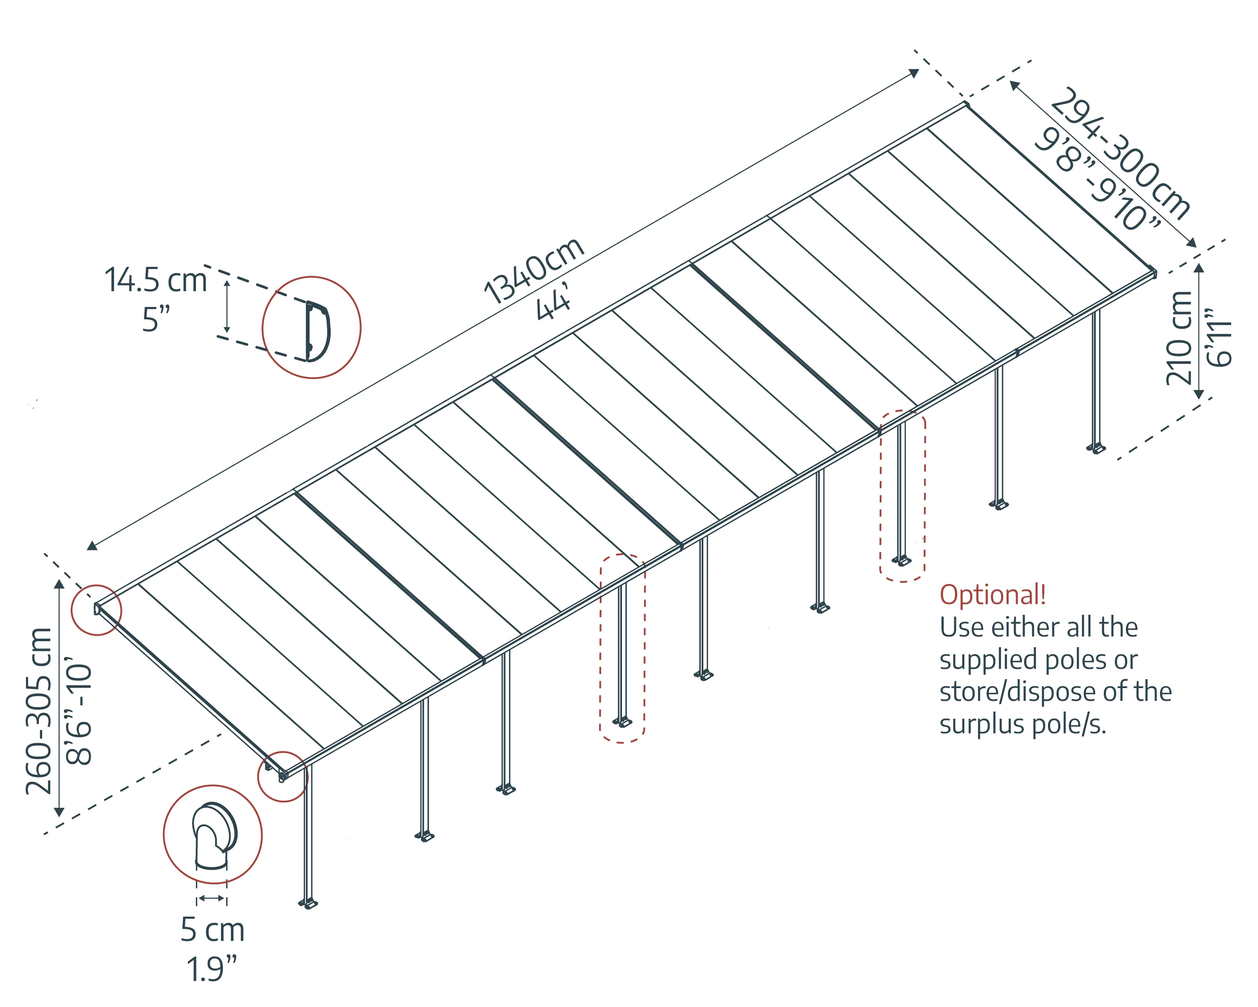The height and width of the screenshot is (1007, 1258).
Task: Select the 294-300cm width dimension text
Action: (1121, 153)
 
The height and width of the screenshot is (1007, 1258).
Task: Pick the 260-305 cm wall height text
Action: (39, 711)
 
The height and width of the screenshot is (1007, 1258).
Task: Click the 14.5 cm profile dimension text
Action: (156, 280)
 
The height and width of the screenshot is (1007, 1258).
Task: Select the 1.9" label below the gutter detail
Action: (211, 969)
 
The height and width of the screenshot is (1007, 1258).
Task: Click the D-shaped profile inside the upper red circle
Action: (317, 330)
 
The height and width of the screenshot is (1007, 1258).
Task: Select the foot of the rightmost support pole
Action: (1097, 449)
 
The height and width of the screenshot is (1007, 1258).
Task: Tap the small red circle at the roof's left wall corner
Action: (96, 610)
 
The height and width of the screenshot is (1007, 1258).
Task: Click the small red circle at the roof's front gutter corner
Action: (282, 776)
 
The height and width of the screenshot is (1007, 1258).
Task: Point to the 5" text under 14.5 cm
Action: (156, 320)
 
